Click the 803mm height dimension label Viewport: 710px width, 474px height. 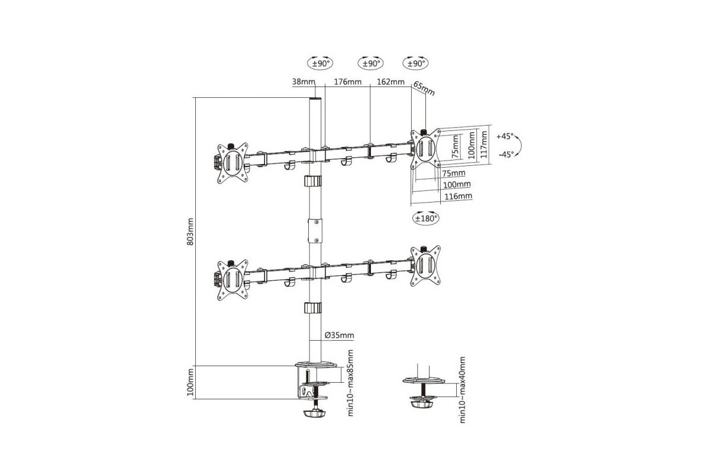point(190,232)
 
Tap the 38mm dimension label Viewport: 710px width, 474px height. point(304,82)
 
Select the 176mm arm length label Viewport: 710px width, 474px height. point(348,82)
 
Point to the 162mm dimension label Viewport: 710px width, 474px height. point(390,82)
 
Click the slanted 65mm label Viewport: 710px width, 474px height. point(424,88)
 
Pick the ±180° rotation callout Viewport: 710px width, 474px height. point(426,218)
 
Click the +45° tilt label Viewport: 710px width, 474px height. point(505,136)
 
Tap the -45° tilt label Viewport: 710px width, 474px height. point(506,155)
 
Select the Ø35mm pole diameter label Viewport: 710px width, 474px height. point(340,335)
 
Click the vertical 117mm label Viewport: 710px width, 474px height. point(484,145)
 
